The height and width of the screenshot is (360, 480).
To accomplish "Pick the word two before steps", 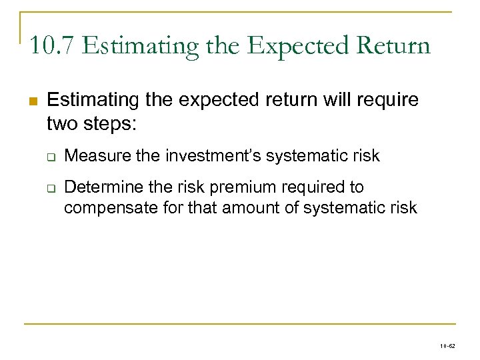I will [x=63, y=123].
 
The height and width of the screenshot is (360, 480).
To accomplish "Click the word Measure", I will [x=95, y=156].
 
